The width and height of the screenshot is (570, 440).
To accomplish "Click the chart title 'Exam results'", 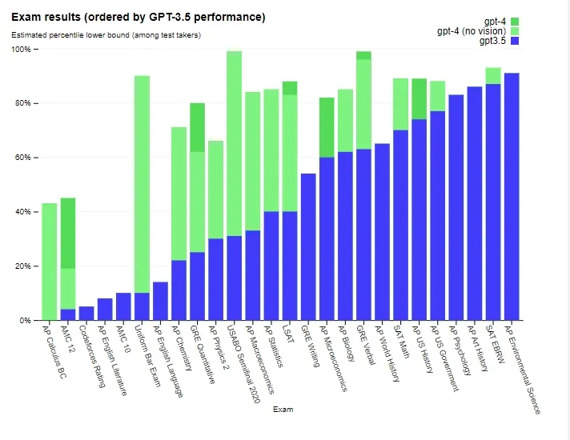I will point(138,17).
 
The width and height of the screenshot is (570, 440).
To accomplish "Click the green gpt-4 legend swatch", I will point(515,22).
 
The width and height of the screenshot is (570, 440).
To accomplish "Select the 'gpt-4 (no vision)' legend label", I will point(472,31).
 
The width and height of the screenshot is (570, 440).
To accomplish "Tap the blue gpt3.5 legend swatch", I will point(515,41).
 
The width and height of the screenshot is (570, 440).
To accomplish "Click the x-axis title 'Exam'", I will point(283,410).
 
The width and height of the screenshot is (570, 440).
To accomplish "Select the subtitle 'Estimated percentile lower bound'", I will point(106,35).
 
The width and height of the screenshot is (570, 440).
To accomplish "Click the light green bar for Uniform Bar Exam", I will point(142,184).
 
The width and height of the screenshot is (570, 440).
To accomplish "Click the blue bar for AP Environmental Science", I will point(512,197).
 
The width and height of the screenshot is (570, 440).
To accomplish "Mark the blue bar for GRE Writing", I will point(308,246).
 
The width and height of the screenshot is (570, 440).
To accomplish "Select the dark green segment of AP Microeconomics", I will point(327,127).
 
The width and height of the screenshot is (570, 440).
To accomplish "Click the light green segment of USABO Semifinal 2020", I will point(235,144).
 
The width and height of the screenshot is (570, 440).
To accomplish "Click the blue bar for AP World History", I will point(382,232).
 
